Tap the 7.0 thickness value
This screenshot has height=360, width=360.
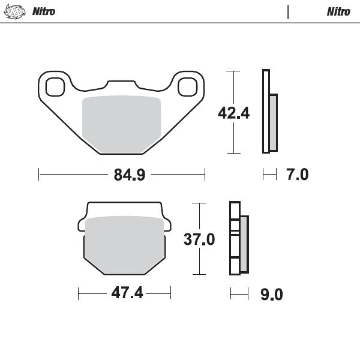pyautogui.click(x=297, y=175)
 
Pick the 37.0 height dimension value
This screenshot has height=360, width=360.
pyautogui.click(x=199, y=239)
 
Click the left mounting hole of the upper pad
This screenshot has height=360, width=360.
pyautogui.click(x=55, y=87)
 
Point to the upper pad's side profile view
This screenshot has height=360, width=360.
pyautogui.click(x=269, y=113)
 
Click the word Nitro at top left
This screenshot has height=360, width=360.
pyautogui.click(x=43, y=11)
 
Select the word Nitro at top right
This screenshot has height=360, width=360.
pyautogui.click(x=338, y=11)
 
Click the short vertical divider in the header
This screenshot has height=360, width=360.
pyautogui.click(x=288, y=11)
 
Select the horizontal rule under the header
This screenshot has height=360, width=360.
pyautogui.click(x=180, y=23)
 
